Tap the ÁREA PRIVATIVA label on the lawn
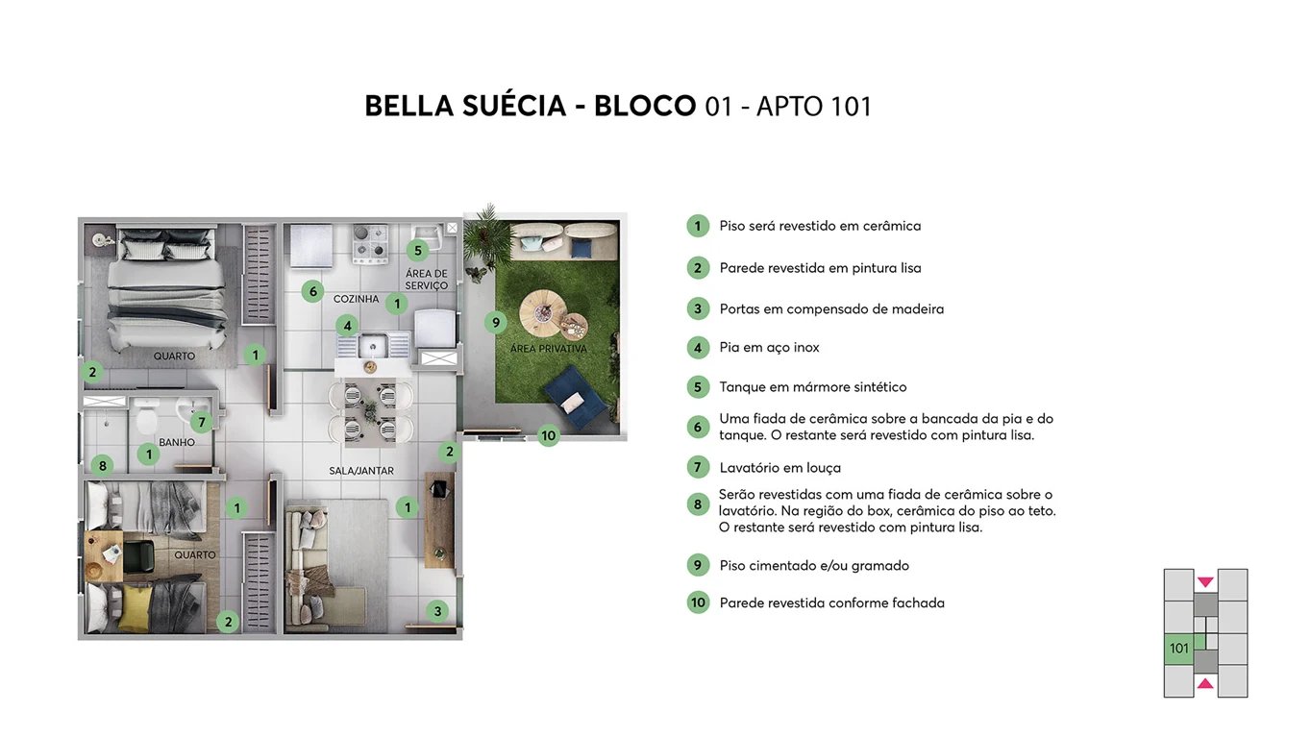point(548,349)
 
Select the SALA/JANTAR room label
point(361,471)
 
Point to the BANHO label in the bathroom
point(177,443)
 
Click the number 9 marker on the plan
point(496,323)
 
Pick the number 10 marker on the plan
point(548,435)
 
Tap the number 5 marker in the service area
point(416,251)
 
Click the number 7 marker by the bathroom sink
point(200,422)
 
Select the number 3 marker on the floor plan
point(437,610)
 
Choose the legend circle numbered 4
point(698,348)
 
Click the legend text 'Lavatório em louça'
point(779,468)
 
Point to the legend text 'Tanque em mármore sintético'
point(812,387)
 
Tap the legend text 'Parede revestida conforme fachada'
point(831,603)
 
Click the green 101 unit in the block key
point(1179,649)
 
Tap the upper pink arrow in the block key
point(1205,582)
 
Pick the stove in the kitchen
point(369,244)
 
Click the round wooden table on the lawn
point(546,312)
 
